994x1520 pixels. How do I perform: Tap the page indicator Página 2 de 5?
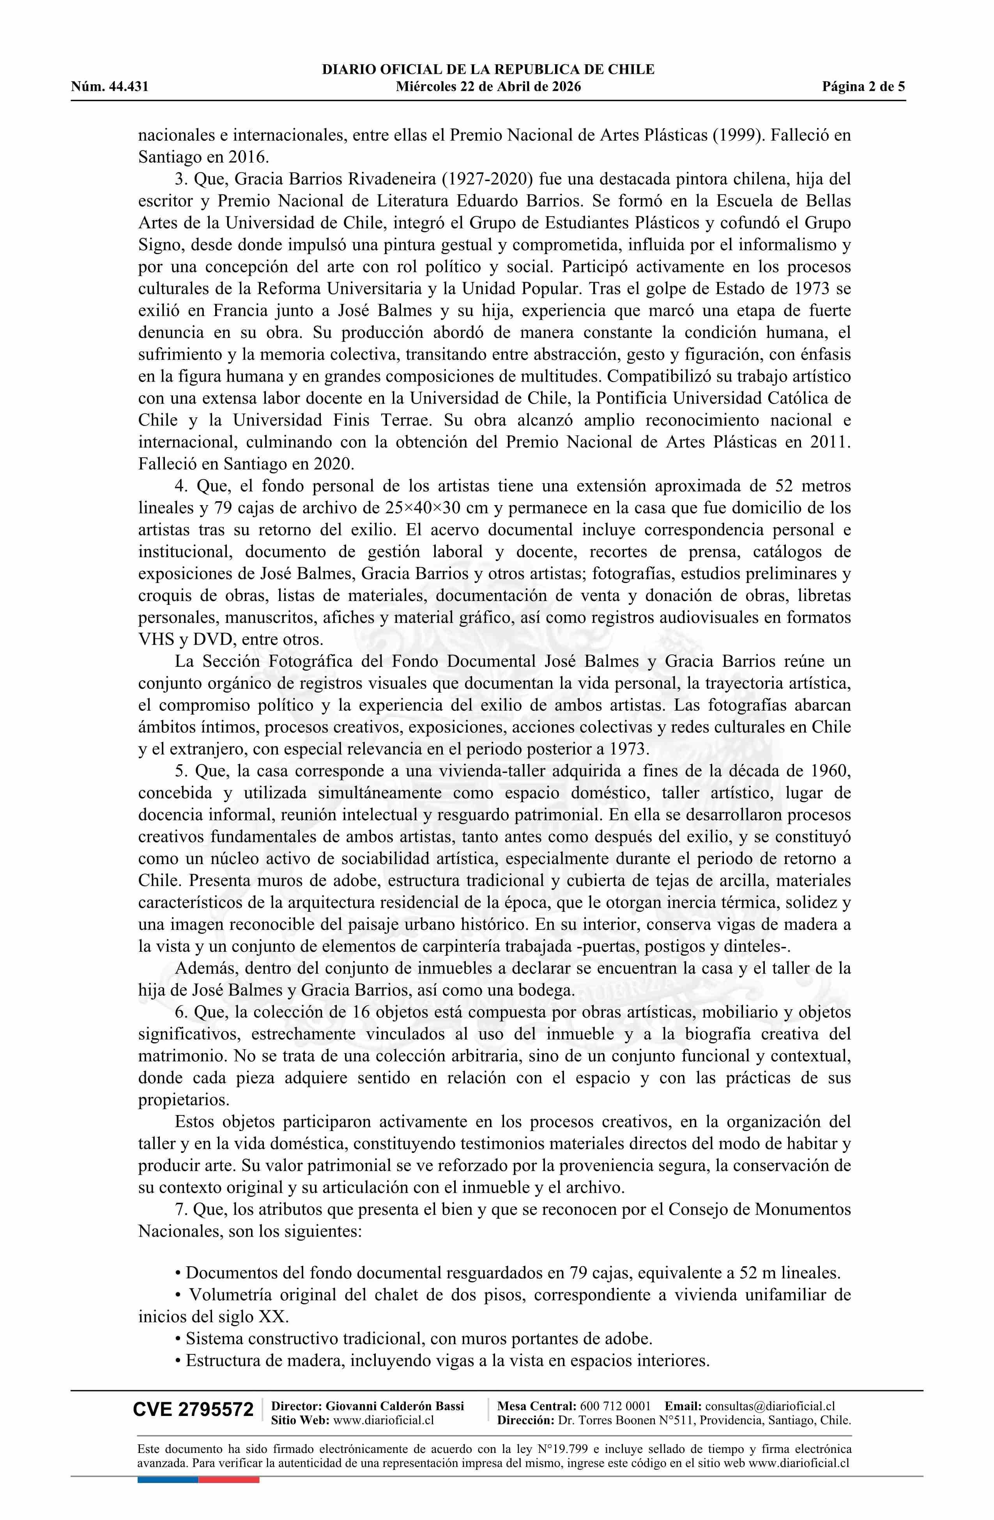point(864,87)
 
